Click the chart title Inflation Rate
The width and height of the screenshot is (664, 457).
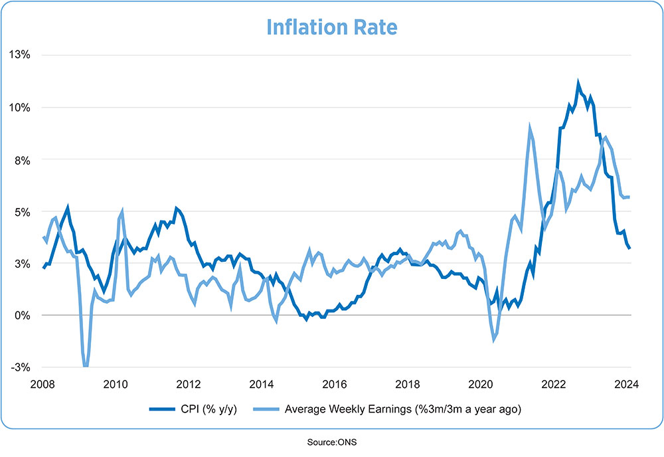(331, 27)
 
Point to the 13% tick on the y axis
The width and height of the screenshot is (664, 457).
(20, 55)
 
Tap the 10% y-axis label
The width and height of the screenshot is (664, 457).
(20, 108)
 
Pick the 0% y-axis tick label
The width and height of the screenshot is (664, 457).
(23, 316)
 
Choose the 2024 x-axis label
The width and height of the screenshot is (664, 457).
(626, 383)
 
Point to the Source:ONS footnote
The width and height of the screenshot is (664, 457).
(331, 441)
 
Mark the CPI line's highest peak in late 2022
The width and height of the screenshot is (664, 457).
(578, 83)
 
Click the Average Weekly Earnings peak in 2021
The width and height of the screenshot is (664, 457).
(530, 128)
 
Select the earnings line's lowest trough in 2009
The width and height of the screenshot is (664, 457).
(86, 365)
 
